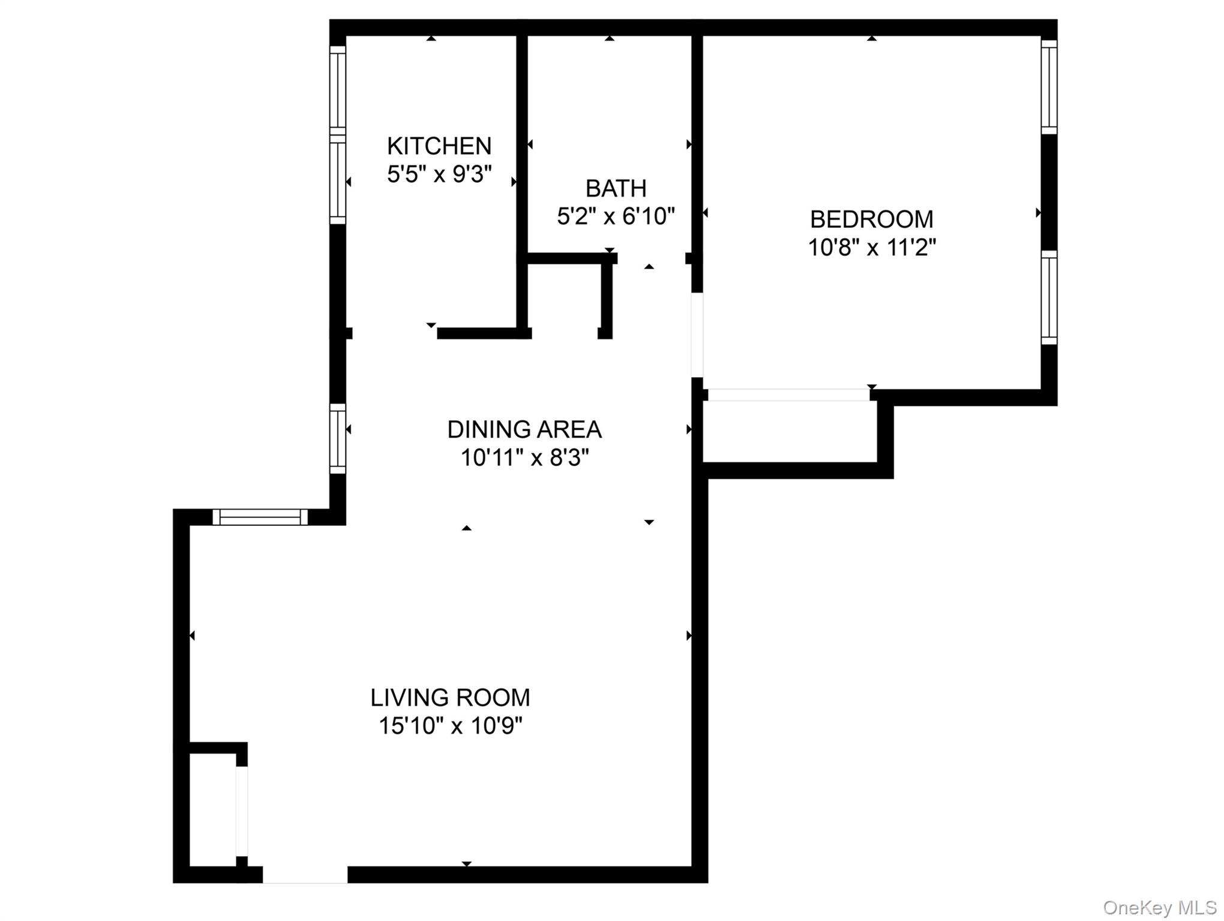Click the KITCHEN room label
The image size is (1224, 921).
(439, 146)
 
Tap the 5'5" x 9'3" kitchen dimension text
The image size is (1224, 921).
(439, 174)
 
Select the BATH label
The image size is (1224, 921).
(616, 188)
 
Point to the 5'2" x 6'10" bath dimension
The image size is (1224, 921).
(616, 216)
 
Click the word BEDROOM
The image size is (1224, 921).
(871, 219)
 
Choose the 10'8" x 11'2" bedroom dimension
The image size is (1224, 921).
(871, 247)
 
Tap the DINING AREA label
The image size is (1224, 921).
(524, 429)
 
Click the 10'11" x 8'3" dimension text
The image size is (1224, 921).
(524, 458)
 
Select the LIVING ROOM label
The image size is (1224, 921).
(450, 697)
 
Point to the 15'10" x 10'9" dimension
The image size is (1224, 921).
(450, 726)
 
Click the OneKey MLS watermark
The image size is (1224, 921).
(1159, 908)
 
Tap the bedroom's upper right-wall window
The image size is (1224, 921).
(1048, 87)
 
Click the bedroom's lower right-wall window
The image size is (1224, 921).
(1048, 297)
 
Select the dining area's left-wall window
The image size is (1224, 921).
(338, 438)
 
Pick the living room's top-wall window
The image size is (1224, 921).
(260, 517)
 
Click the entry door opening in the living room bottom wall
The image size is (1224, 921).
(305, 874)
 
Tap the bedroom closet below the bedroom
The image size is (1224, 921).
(789, 432)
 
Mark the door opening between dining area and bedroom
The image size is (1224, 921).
(697, 335)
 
